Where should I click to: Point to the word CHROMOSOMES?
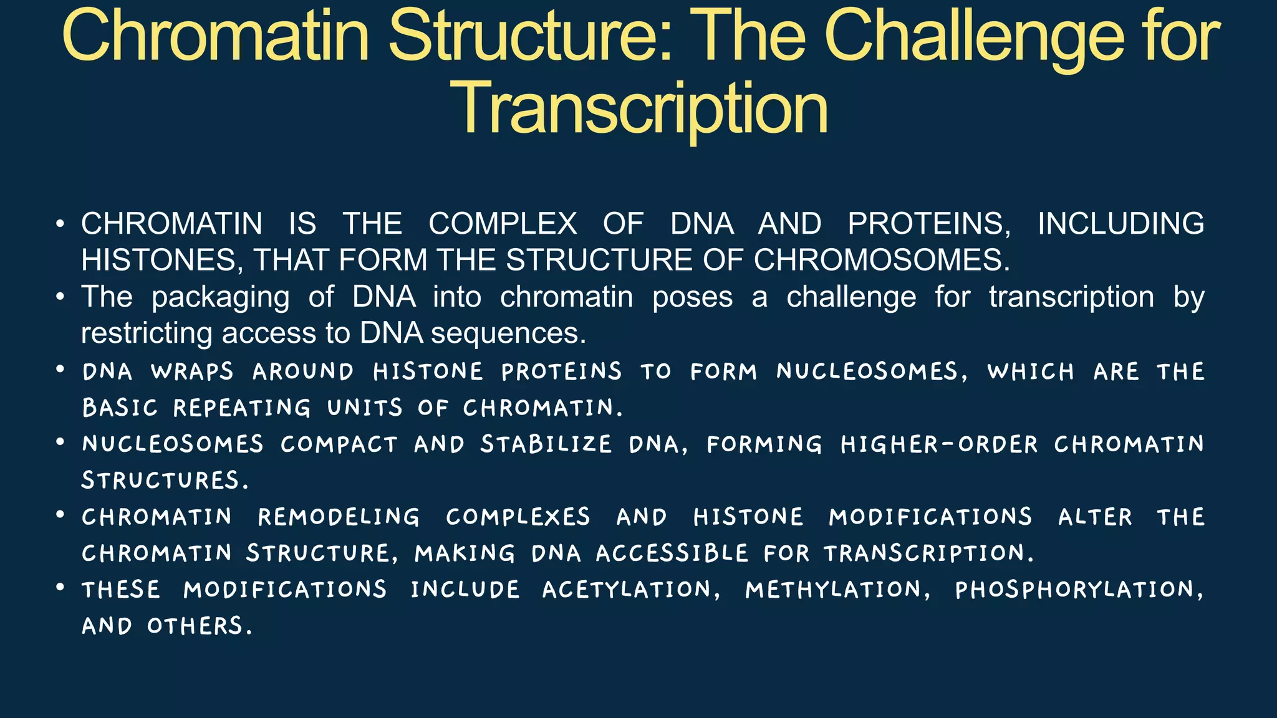(881, 261)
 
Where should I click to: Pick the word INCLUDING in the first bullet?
(1120, 224)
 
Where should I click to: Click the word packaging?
(220, 297)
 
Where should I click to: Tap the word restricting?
(147, 333)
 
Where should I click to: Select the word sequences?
(508, 333)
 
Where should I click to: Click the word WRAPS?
(192, 371)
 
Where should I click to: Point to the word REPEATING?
(242, 408)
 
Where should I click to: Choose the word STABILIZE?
(546, 444)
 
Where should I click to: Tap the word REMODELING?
(339, 517)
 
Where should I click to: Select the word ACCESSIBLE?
(672, 553)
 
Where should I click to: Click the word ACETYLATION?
(631, 590)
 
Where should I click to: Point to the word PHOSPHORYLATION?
(1079, 590)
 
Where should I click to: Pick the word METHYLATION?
(838, 590)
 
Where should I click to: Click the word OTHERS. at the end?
(200, 626)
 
